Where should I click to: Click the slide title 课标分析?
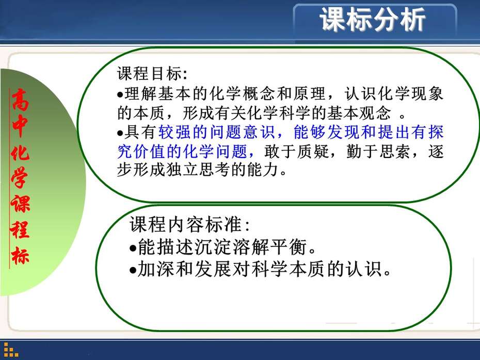point(373,20)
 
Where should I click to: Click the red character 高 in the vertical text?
point(21,100)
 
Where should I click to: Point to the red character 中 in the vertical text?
point(20,126)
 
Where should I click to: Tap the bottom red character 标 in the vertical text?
point(20,255)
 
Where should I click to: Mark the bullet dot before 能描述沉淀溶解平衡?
point(133,248)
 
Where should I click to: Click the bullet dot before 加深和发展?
point(133,270)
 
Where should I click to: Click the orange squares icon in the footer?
point(10,350)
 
